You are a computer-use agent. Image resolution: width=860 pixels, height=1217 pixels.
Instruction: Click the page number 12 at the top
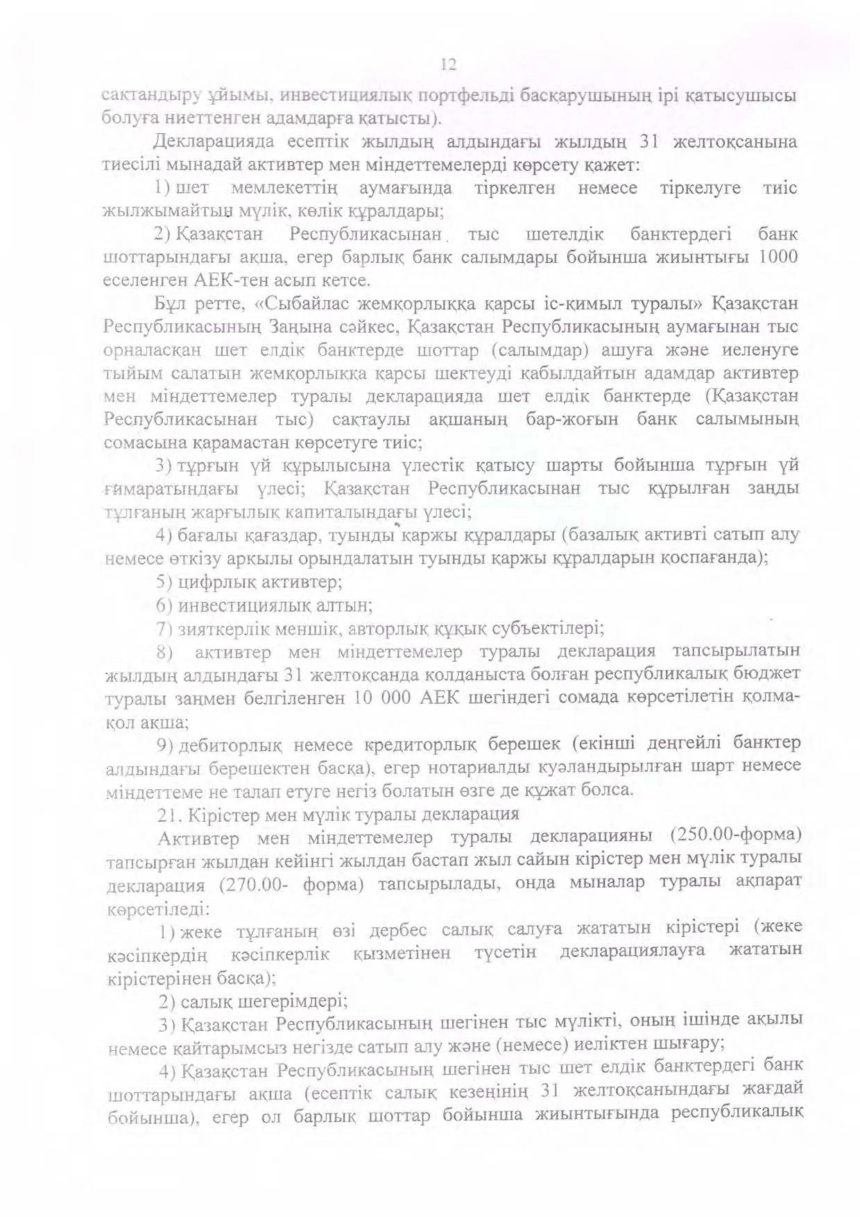[448, 65]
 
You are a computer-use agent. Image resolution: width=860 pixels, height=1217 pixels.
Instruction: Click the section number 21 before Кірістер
[167, 813]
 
